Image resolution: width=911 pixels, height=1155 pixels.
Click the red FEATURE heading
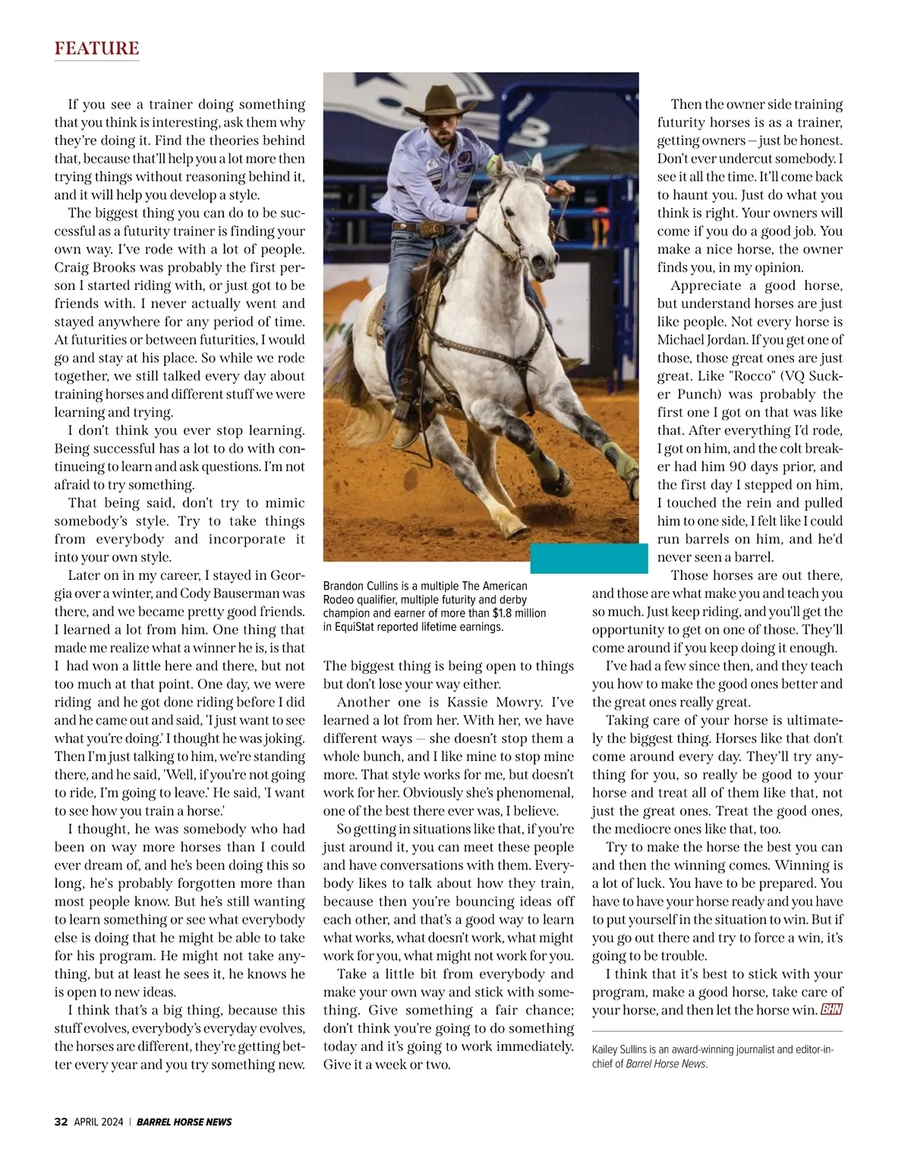point(96,49)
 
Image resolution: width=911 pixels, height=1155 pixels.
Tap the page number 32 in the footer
point(61,1122)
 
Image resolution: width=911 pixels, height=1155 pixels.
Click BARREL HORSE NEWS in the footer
point(184,1122)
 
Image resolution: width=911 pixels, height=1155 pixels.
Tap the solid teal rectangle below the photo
point(588,559)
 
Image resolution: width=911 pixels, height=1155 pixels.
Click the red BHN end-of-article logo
point(832,1010)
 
